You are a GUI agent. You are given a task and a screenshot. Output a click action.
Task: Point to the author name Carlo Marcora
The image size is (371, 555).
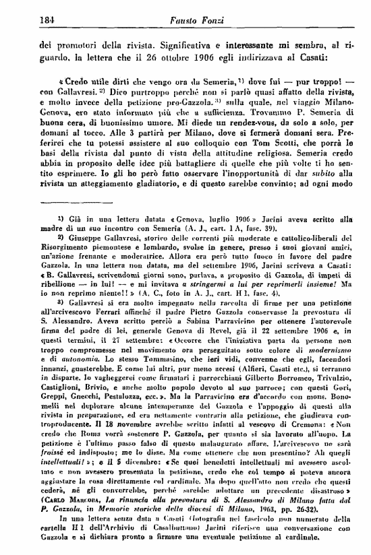76,529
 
